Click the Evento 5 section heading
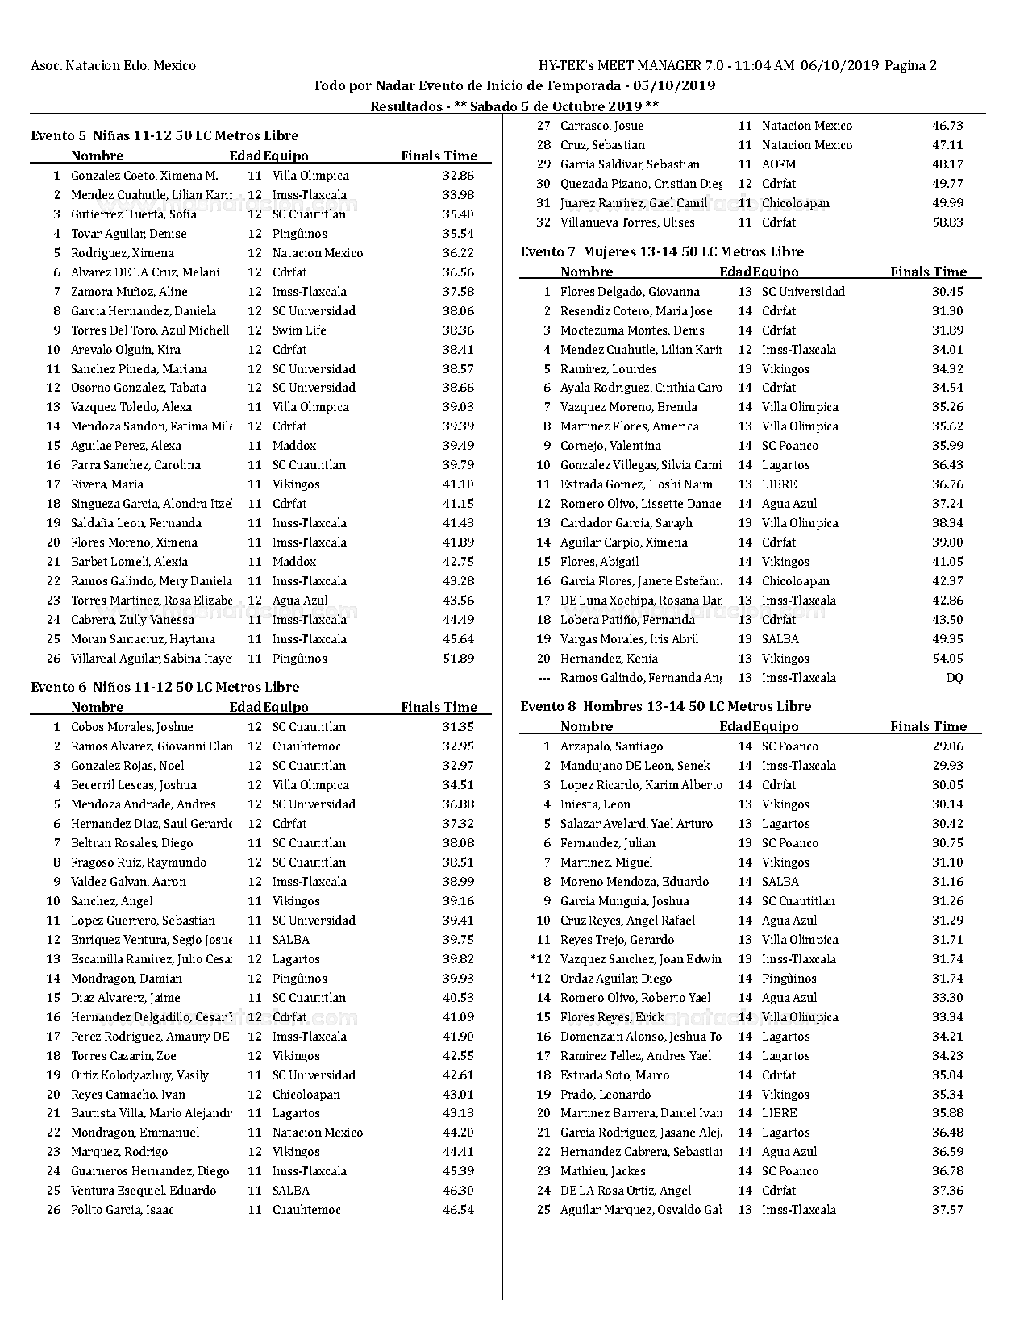coord(164,135)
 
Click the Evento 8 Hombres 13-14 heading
coord(665,706)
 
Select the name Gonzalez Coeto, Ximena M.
coord(144,176)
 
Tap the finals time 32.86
coord(458,176)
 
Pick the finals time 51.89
coord(458,659)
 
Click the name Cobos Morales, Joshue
coord(132,727)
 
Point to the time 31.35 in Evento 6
coord(458,727)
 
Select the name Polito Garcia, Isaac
coord(123,1210)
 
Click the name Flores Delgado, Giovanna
coord(630,292)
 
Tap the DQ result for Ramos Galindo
coord(954,678)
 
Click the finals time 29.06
coord(947,746)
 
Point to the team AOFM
coord(778,164)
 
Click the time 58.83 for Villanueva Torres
coord(947,222)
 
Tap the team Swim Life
coord(299,330)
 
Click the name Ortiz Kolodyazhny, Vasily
coord(139,1075)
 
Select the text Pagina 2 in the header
coord(910,66)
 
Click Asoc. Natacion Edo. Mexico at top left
coord(113,66)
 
